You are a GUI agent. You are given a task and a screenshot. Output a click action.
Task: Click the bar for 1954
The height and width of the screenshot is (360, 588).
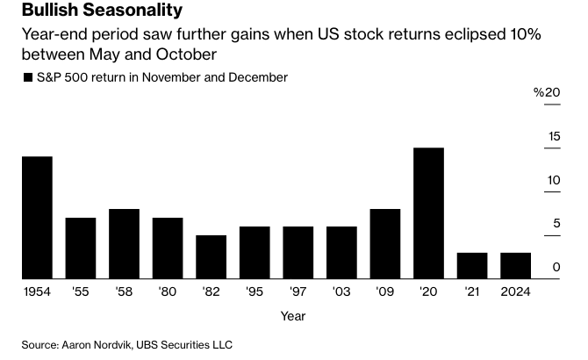[x=37, y=218]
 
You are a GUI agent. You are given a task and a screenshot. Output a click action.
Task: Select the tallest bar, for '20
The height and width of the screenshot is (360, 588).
[x=428, y=213]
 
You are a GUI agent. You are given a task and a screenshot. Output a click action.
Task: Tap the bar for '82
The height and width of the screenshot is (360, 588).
[x=211, y=257]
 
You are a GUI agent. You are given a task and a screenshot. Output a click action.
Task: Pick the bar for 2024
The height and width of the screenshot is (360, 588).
[x=515, y=266]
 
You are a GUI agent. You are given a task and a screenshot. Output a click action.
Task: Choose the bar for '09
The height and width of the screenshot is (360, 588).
[x=385, y=244]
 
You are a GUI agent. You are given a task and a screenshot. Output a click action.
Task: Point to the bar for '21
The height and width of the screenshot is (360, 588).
[x=472, y=266]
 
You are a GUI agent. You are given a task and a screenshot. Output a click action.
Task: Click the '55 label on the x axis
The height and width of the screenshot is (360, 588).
[x=80, y=291]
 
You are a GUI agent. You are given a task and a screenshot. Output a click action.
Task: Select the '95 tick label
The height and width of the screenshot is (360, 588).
[x=255, y=291]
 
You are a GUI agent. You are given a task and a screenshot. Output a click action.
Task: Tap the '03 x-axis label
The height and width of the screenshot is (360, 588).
[x=341, y=291]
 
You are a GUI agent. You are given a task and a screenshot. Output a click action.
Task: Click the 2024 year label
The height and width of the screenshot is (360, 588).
[x=515, y=291]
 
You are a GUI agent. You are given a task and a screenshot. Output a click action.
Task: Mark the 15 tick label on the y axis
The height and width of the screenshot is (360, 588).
[x=554, y=136]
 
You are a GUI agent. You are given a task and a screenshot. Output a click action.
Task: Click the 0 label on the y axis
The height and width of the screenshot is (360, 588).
[x=556, y=268]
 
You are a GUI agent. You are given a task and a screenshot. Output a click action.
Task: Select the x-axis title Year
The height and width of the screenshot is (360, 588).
[x=293, y=315]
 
